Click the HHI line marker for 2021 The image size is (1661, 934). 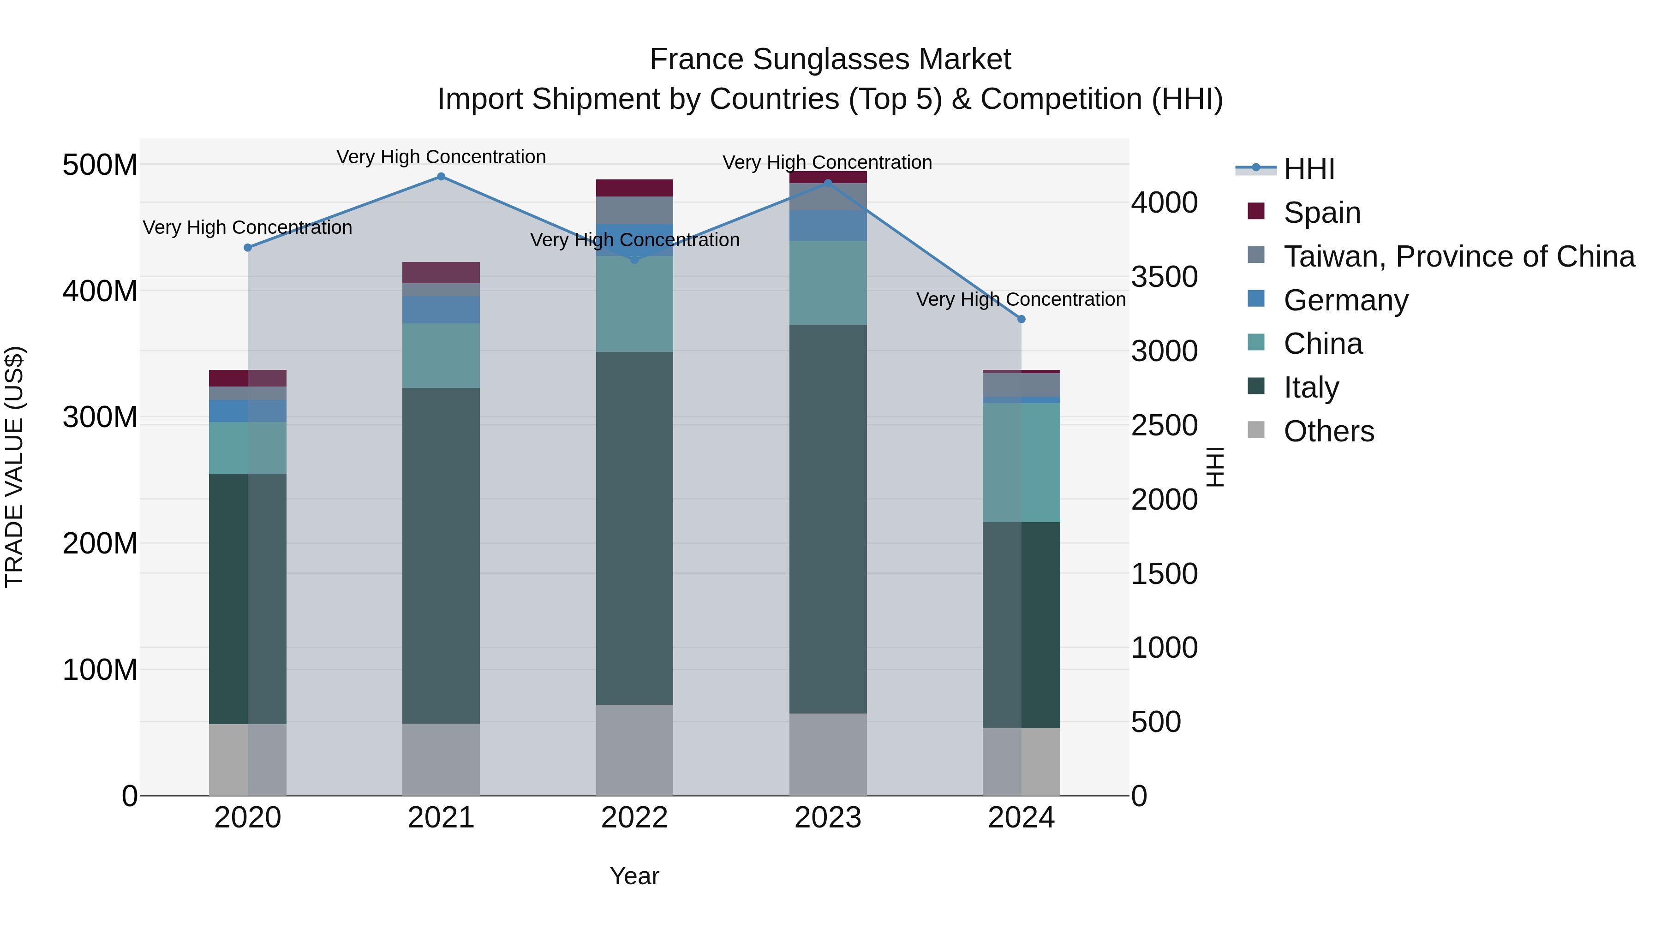441,177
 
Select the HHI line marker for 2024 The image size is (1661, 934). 1021,319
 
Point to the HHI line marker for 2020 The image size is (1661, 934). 248,248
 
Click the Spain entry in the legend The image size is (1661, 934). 1321,213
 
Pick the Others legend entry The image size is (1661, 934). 1328,431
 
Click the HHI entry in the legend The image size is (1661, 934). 1308,169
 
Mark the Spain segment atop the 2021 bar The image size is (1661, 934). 441,272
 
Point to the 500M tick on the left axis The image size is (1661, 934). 100,165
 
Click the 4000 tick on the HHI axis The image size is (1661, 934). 1164,202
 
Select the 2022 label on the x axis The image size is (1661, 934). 634,818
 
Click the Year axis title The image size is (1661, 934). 634,876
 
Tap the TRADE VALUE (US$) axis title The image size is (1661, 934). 14,467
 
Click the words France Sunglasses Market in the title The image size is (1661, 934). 830,59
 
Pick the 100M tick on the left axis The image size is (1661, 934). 100,670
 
